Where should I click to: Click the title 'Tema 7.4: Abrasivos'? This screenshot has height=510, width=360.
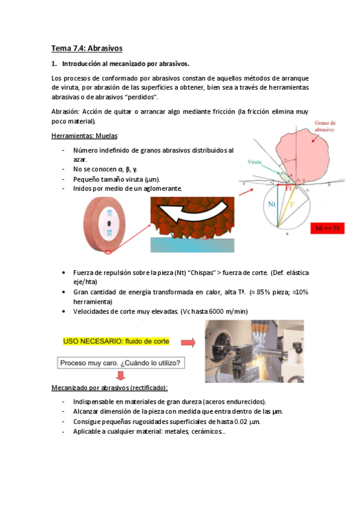pos(87,48)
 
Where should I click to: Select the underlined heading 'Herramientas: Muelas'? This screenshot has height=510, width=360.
pos(85,135)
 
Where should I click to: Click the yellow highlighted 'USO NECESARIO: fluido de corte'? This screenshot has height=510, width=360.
pos(117,341)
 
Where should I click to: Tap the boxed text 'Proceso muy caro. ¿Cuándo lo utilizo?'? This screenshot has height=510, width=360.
pos(122,363)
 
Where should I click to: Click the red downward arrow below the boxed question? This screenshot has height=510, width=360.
pos(121,376)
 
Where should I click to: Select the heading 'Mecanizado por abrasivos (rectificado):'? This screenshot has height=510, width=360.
pos(109,388)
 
